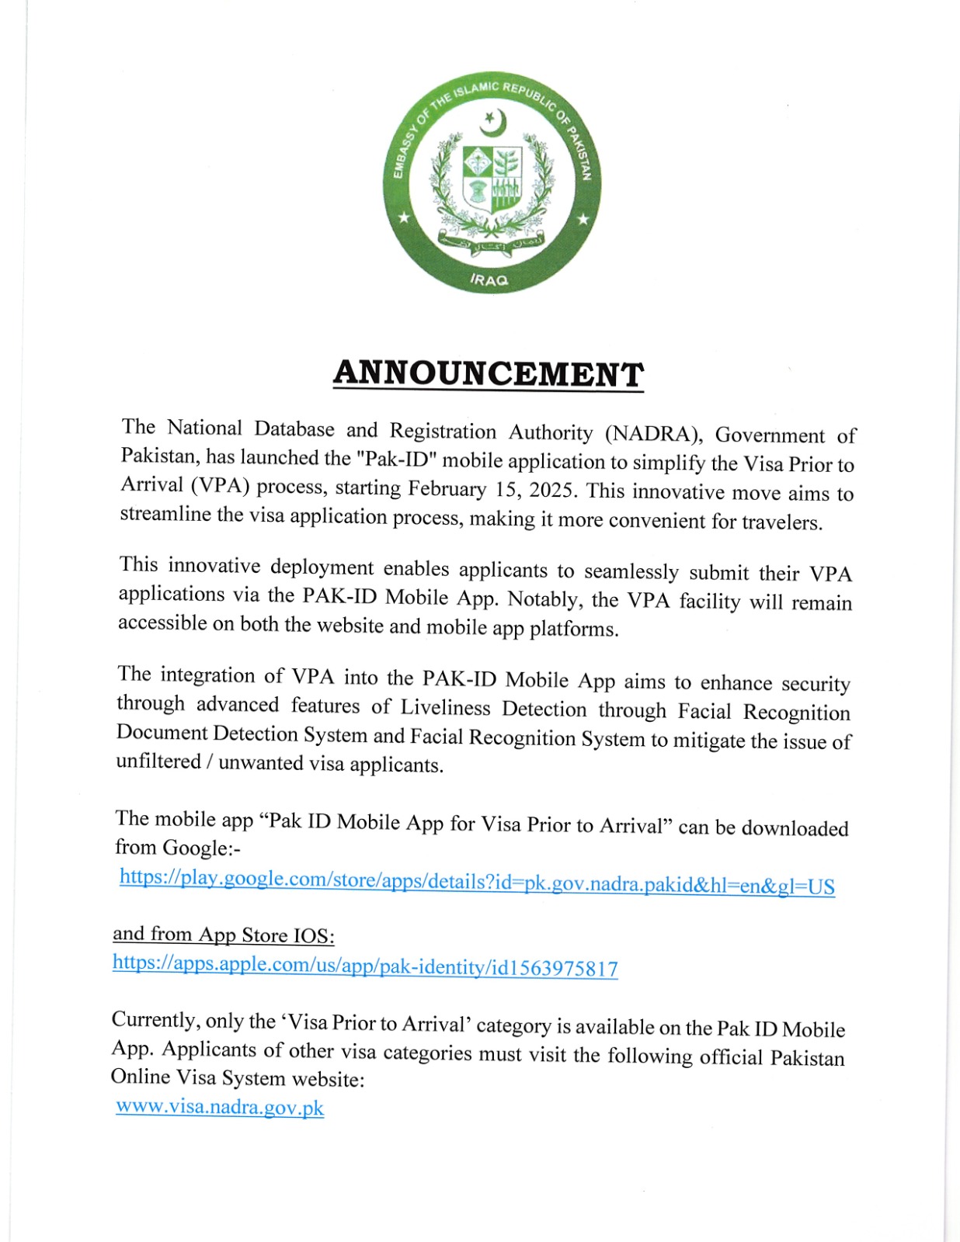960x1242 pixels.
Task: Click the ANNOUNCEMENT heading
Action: (x=488, y=374)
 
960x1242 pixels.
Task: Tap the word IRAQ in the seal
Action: (x=489, y=279)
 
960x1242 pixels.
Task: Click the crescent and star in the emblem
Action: (x=492, y=123)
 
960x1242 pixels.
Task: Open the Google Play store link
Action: (x=477, y=882)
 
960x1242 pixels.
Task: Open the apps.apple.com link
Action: (x=365, y=966)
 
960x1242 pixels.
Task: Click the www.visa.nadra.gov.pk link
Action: (x=220, y=1107)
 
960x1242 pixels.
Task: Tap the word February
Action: (x=447, y=488)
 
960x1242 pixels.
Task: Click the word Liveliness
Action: (x=445, y=707)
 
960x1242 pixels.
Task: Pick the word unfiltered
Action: (x=158, y=762)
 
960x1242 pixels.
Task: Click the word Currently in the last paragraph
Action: (x=154, y=1019)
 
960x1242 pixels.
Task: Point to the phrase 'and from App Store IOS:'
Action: (x=224, y=935)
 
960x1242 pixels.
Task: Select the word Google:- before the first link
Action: (x=201, y=848)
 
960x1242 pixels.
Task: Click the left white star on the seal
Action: (x=403, y=219)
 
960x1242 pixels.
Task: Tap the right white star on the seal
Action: (x=582, y=220)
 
